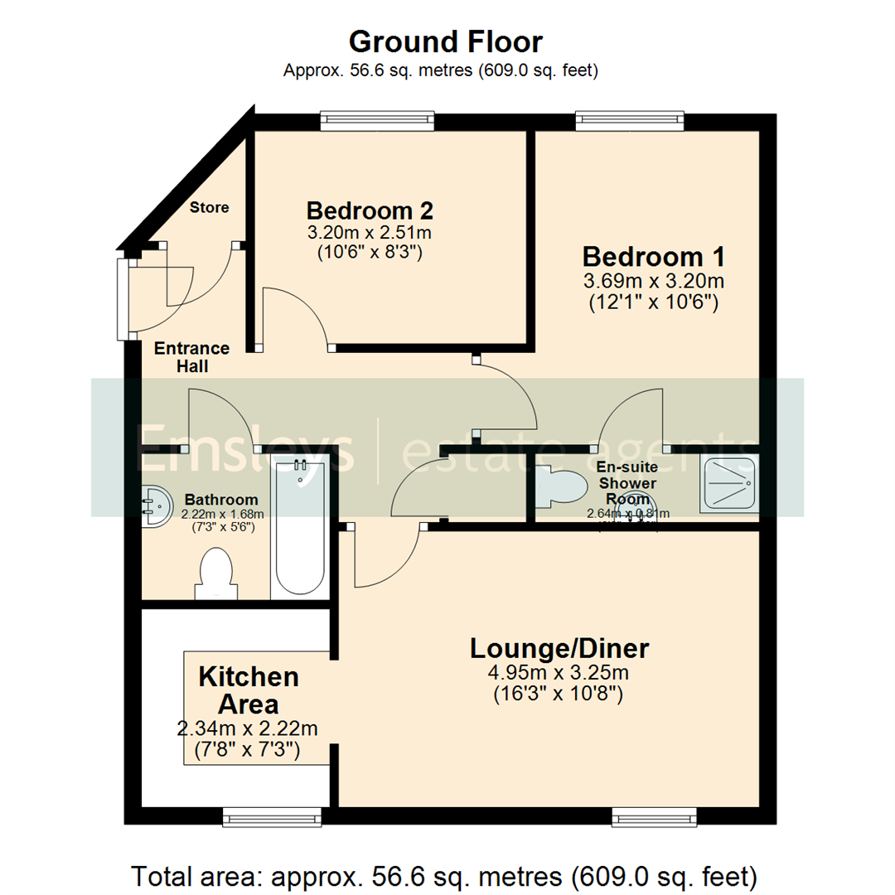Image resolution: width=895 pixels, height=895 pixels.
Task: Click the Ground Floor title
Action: click(446, 41)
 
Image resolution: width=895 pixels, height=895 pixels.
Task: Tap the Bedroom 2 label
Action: click(370, 209)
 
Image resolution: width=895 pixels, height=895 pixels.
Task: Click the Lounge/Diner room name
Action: click(559, 648)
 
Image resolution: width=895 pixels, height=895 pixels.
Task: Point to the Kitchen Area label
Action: click(249, 690)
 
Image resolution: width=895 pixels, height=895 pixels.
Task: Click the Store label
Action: click(209, 207)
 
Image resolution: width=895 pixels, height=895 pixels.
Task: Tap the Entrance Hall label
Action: click(191, 357)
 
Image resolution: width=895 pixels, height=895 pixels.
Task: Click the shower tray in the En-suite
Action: click(728, 483)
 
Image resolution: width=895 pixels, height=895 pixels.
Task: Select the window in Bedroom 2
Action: click(378, 122)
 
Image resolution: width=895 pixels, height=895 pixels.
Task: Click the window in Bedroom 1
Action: click(630, 122)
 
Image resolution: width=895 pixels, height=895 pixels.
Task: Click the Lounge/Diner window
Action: click(655, 818)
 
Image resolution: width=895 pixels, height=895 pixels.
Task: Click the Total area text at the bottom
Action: click(446, 874)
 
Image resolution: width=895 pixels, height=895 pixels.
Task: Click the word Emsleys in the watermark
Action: click(245, 448)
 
